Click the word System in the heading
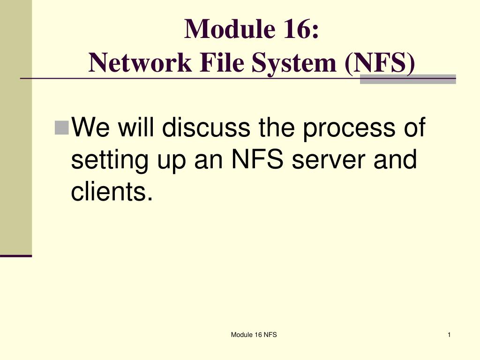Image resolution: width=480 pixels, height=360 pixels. [x=295, y=62]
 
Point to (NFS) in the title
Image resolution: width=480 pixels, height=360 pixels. [x=380, y=62]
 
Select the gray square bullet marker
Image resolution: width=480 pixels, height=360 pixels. [x=61, y=127]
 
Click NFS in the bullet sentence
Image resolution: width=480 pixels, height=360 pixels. [x=260, y=160]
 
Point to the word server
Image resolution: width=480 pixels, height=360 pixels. [x=331, y=160]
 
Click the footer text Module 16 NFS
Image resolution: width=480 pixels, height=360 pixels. [x=254, y=334]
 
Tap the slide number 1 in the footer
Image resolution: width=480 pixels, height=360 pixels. [x=449, y=334]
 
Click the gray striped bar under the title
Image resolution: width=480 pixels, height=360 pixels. [x=407, y=79]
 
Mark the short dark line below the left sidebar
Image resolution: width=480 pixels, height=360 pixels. [x=16, y=256]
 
